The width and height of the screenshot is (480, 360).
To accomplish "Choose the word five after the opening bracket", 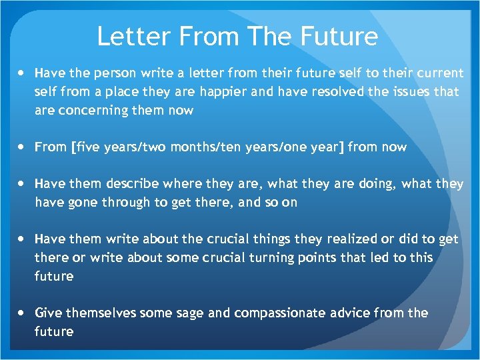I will [87, 147].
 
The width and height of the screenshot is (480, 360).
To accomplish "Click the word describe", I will [127, 183].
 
